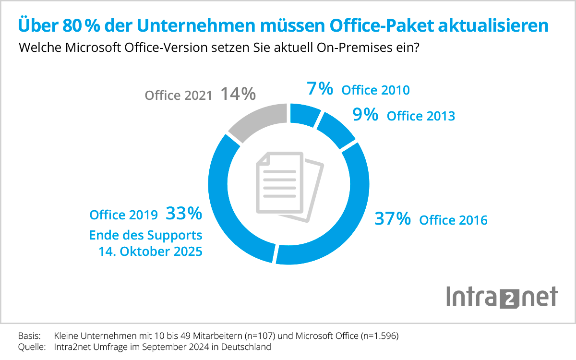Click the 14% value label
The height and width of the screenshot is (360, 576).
pyautogui.click(x=238, y=94)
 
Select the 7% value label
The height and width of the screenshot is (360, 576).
pyautogui.click(x=319, y=89)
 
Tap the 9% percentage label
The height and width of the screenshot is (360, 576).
pyautogui.click(x=365, y=115)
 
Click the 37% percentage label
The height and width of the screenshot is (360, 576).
pyautogui.click(x=393, y=219)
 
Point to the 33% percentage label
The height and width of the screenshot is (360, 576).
pyautogui.click(x=184, y=214)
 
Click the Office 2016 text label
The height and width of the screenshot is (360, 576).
pyautogui.click(x=453, y=220)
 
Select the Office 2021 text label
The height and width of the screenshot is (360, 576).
pyautogui.click(x=179, y=96)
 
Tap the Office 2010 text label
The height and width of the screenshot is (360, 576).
pyautogui.click(x=375, y=90)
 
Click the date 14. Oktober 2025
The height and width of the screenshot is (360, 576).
pyautogui.click(x=150, y=252)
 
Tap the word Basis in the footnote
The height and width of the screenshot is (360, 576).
pyautogui.click(x=29, y=336)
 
